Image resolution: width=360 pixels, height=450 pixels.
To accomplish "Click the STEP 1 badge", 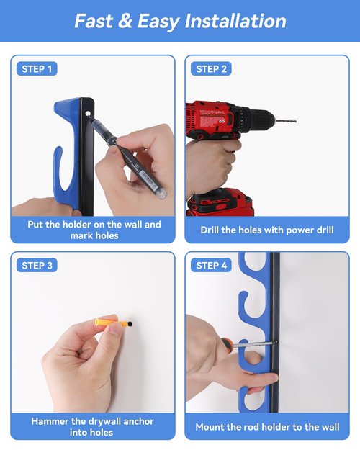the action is click(x=37, y=69).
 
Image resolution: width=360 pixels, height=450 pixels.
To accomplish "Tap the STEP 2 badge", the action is click(x=211, y=69).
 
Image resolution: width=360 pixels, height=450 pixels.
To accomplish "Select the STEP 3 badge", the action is click(x=37, y=266).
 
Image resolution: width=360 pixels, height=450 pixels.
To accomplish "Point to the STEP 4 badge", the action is click(x=211, y=266).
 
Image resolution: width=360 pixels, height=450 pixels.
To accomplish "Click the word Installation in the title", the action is click(x=235, y=21).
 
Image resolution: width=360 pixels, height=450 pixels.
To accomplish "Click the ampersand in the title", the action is click(x=125, y=21).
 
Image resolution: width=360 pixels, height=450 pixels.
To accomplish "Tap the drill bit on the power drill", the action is click(x=285, y=120).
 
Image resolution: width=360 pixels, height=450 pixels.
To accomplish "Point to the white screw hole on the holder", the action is click(x=88, y=114).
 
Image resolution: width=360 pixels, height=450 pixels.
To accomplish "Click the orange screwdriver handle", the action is click(x=227, y=344).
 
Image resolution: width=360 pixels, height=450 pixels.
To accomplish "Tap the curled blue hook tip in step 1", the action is click(x=58, y=152).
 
